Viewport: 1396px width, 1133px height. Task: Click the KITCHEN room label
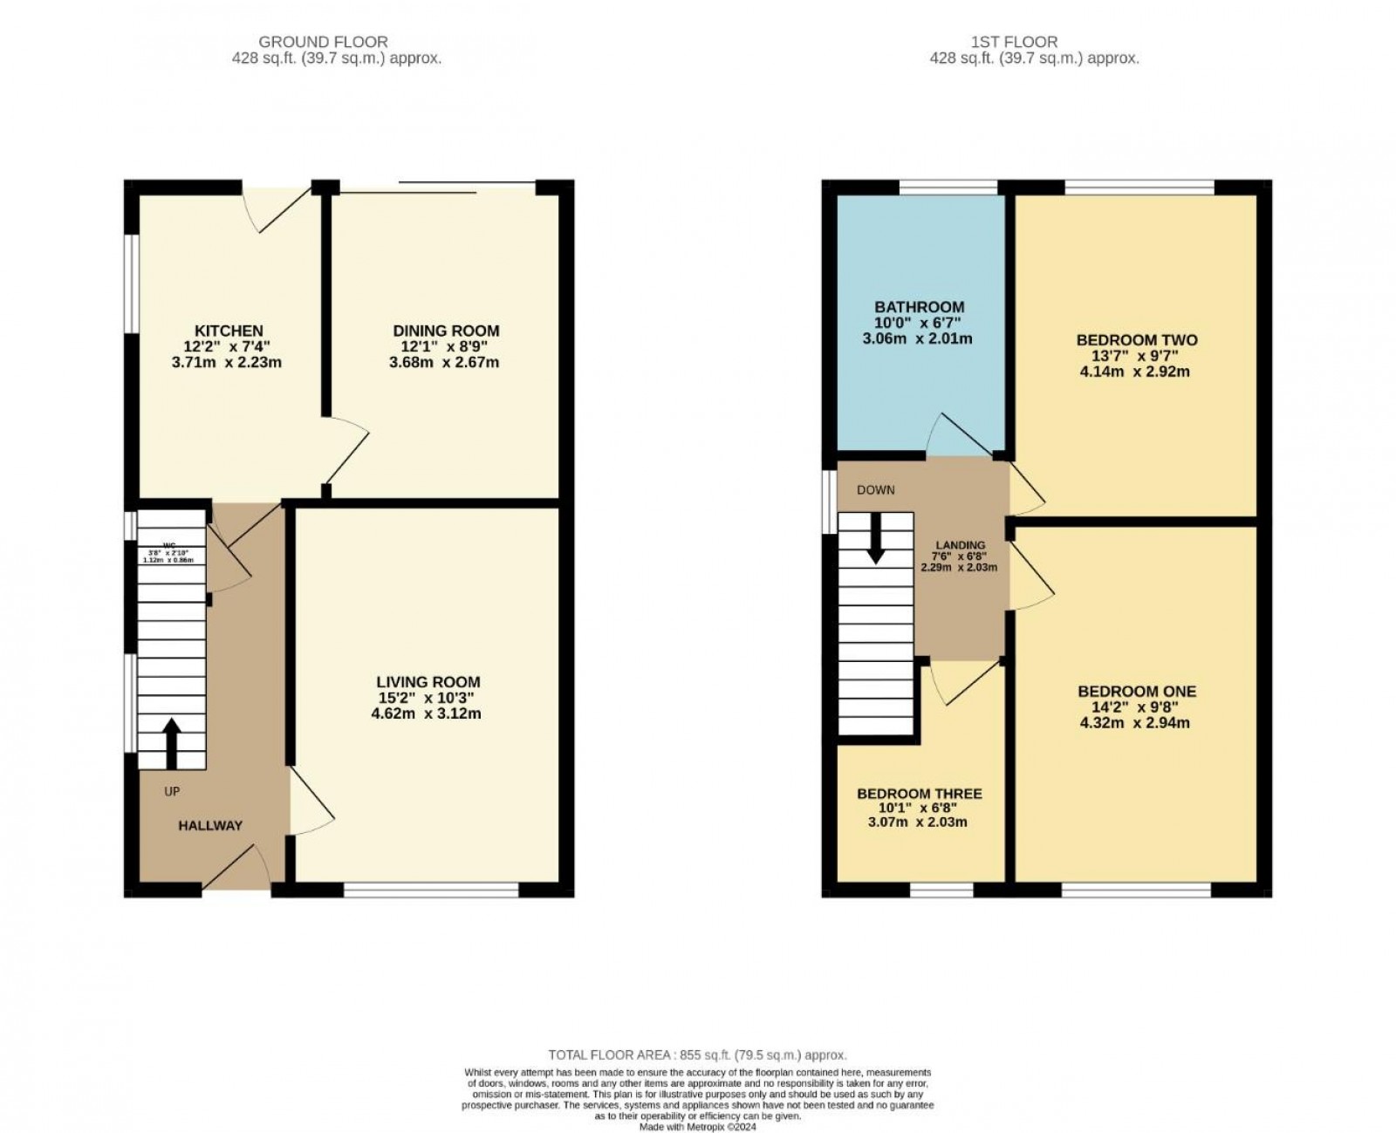228,331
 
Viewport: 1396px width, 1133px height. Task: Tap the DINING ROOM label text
446,331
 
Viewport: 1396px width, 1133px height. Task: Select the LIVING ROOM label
428,682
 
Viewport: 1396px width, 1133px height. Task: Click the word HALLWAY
210,825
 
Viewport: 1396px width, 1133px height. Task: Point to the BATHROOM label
919,307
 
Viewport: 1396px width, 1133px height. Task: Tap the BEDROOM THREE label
919,794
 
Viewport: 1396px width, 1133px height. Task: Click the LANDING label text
960,545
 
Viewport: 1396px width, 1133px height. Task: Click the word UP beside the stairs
172,792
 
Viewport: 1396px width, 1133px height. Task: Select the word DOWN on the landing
875,489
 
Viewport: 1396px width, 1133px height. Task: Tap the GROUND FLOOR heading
323,41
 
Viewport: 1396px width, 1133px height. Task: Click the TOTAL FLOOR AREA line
697,1055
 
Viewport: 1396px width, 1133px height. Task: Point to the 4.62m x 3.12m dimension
426,713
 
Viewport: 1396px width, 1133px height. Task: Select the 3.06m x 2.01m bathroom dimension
917,338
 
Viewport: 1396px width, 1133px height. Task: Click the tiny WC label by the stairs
157,545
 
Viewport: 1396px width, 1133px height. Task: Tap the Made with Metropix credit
697,1126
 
